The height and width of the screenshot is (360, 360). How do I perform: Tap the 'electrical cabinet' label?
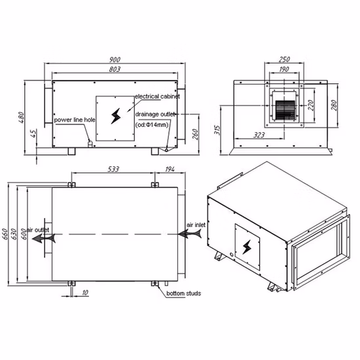pos(157,96)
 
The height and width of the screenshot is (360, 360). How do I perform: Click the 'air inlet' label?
pos(196,225)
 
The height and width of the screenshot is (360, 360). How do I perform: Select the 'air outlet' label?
pos(38,230)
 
